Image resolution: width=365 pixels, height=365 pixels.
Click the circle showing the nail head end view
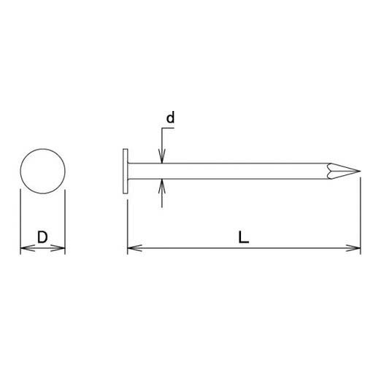click(x=43, y=172)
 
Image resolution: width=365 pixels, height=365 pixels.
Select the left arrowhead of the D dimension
click(x=25, y=249)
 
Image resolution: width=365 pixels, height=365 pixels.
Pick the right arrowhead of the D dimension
click(x=61, y=249)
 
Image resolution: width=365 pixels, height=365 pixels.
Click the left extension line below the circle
click(x=20, y=219)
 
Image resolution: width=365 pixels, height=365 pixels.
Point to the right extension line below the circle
click(x=66, y=219)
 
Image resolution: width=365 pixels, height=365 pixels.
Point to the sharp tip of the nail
click(x=356, y=172)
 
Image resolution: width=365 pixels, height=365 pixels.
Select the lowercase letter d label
click(x=170, y=116)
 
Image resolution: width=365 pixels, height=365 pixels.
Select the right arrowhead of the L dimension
click(x=356, y=249)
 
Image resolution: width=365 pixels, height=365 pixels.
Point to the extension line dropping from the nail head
click(x=128, y=219)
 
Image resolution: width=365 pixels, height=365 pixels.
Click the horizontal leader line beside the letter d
click(x=168, y=128)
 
